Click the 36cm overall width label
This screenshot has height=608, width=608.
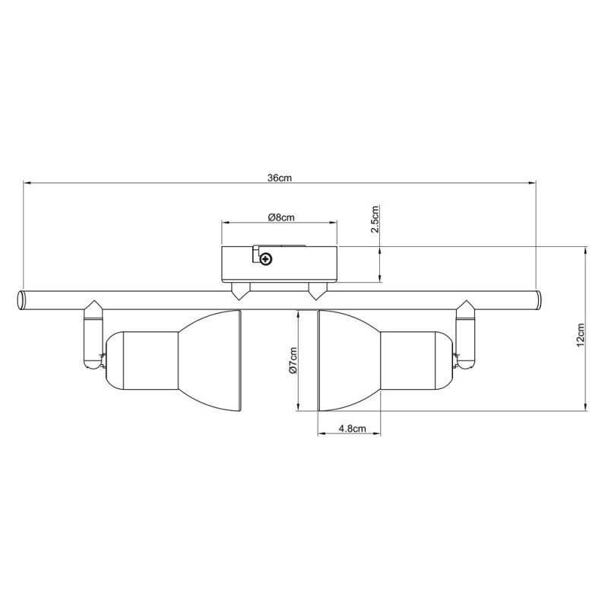(x=279, y=178)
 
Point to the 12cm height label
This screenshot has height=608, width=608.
(x=580, y=334)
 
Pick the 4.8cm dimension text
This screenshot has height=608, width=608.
(x=353, y=429)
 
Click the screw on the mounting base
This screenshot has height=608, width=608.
(x=265, y=260)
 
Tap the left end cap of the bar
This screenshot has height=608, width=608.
(x=21, y=299)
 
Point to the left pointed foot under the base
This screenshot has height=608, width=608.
(x=240, y=290)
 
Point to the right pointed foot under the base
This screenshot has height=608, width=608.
(x=315, y=290)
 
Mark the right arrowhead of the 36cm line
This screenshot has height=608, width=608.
(x=531, y=183)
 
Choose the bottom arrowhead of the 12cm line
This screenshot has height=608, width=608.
(x=586, y=407)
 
